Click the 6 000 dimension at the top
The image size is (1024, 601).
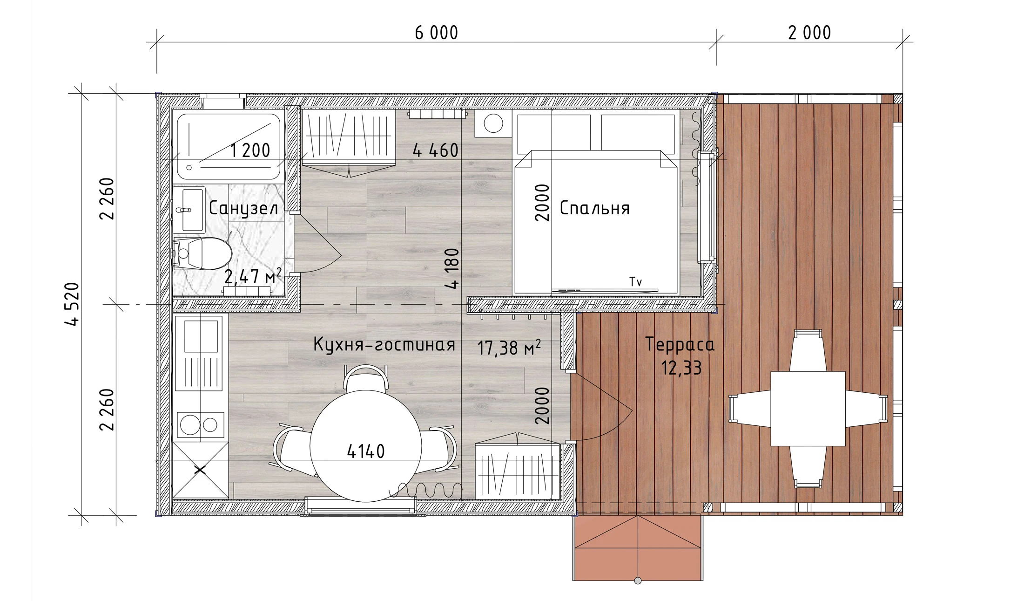tap(436, 33)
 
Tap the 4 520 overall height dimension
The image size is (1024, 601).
tap(73, 304)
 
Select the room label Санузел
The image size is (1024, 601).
tap(243, 208)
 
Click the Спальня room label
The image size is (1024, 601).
tap(594, 208)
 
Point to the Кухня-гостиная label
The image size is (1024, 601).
tap(384, 345)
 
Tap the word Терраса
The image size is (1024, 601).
tap(680, 345)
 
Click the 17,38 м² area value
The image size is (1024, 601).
tap(509, 348)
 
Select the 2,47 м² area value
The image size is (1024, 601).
tap(253, 276)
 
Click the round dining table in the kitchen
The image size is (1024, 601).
tap(366, 446)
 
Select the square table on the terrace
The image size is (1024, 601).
tap(808, 409)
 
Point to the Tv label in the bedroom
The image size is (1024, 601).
tap(635, 281)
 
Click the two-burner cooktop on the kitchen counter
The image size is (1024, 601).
tap(200, 425)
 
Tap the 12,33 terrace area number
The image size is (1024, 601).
tap(681, 368)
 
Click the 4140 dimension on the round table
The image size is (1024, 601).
tap(366, 451)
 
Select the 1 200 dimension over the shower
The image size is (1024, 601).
tap(250, 150)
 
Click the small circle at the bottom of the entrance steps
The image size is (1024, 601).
tap(638, 581)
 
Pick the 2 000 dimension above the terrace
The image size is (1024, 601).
tap(809, 33)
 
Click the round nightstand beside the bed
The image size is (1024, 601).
tap(493, 124)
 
